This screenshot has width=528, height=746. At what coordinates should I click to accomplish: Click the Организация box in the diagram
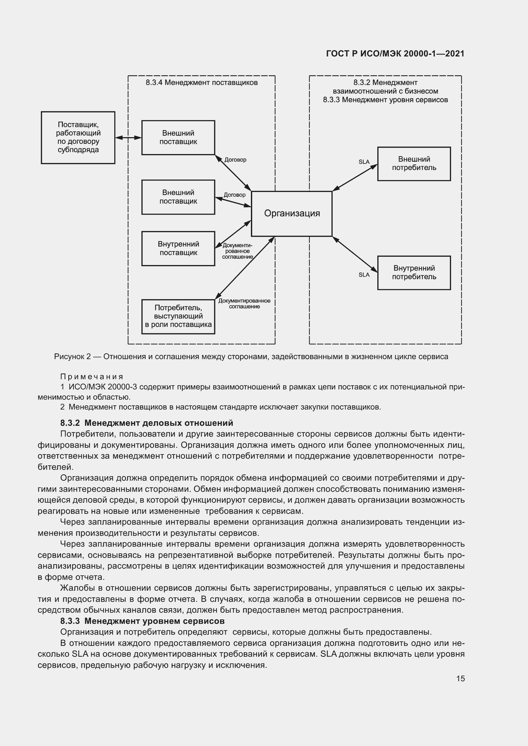pyautogui.click(x=292, y=213)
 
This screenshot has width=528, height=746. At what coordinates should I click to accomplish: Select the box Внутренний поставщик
pyautogui.click(x=178, y=248)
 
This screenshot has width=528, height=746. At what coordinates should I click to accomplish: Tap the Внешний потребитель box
pyautogui.click(x=414, y=163)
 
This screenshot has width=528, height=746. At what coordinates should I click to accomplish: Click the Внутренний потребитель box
pyautogui.click(x=414, y=273)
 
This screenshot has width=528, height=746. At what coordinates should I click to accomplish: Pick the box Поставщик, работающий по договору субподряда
pyautogui.click(x=78, y=137)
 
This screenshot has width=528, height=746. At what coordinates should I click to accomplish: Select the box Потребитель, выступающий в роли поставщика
pyautogui.click(x=178, y=316)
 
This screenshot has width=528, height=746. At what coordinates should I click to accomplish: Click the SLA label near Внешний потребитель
pyautogui.click(x=364, y=162)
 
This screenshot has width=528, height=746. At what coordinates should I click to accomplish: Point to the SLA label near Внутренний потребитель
pyautogui.click(x=364, y=275)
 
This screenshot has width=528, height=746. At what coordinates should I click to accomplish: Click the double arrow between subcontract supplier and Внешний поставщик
pyautogui.click(x=128, y=138)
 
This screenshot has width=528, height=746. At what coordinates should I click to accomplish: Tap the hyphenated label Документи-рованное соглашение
pyautogui.click(x=237, y=251)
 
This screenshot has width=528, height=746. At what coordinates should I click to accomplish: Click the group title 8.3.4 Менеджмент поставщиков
pyautogui.click(x=201, y=83)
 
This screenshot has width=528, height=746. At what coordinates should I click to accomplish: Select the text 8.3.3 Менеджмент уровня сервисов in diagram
pyautogui.click(x=385, y=100)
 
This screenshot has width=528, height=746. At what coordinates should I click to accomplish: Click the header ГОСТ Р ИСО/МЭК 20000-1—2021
pyautogui.click(x=395, y=54)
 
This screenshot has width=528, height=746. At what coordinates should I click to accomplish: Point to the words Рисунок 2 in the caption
pyautogui.click(x=72, y=357)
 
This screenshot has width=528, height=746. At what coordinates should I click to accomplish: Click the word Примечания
pyautogui.click(x=92, y=377)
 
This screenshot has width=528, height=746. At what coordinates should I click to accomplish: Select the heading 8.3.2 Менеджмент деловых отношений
pyautogui.click(x=147, y=423)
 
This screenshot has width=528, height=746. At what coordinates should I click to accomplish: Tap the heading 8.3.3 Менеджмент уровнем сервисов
pyautogui.click(x=142, y=621)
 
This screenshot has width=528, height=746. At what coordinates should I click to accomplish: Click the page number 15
pyautogui.click(x=460, y=678)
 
